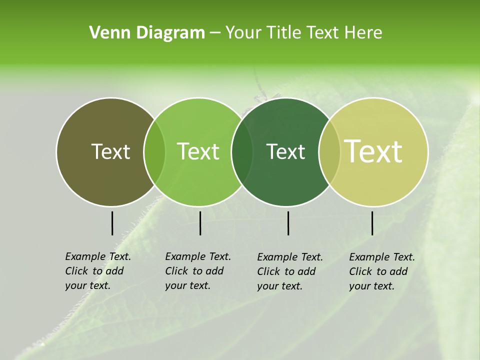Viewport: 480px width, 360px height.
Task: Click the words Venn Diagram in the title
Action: point(147,33)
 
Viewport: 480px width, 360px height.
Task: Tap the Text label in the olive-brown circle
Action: point(110,152)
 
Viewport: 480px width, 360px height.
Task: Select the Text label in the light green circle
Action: point(198,152)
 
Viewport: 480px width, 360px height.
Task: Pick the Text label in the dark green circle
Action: point(285,152)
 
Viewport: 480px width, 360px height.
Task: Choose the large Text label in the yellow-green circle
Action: point(373,151)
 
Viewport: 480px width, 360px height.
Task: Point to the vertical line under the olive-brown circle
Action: point(112,223)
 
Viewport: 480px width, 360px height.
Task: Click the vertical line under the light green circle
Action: point(200,223)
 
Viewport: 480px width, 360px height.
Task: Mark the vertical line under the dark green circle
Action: point(288,223)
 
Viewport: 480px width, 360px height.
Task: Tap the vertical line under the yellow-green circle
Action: point(372,223)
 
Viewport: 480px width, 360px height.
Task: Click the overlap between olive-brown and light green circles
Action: point(154,152)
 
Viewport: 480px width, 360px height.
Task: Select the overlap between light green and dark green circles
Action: point(242,152)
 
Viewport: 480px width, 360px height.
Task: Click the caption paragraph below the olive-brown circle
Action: point(98,271)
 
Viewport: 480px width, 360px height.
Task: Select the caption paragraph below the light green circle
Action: point(198,271)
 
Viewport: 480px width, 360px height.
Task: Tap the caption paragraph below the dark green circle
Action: point(290,271)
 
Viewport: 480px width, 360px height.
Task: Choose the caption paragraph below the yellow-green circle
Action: point(382,271)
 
